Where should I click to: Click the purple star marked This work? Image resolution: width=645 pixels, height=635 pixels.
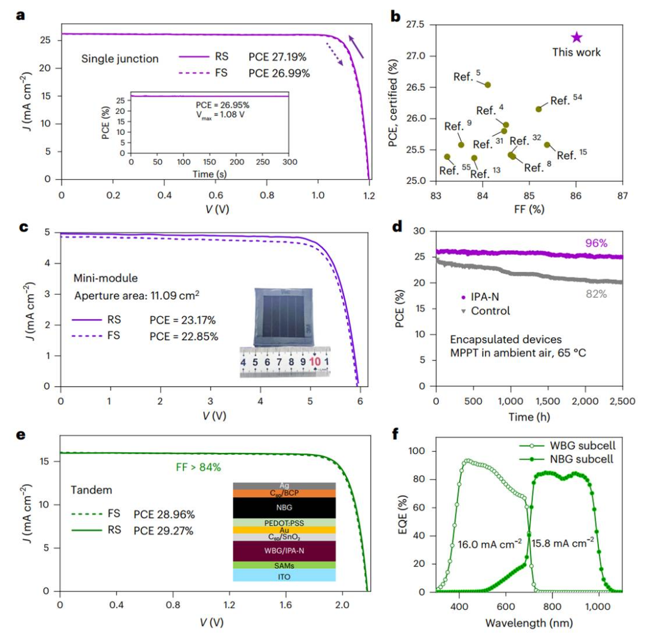[576, 38]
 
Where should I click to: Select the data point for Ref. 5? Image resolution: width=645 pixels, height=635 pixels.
[488, 85]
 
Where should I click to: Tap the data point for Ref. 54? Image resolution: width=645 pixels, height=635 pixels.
[539, 109]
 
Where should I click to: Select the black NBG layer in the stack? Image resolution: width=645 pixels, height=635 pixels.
[285, 508]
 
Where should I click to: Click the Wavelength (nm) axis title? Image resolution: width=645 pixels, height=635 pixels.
[523, 623]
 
